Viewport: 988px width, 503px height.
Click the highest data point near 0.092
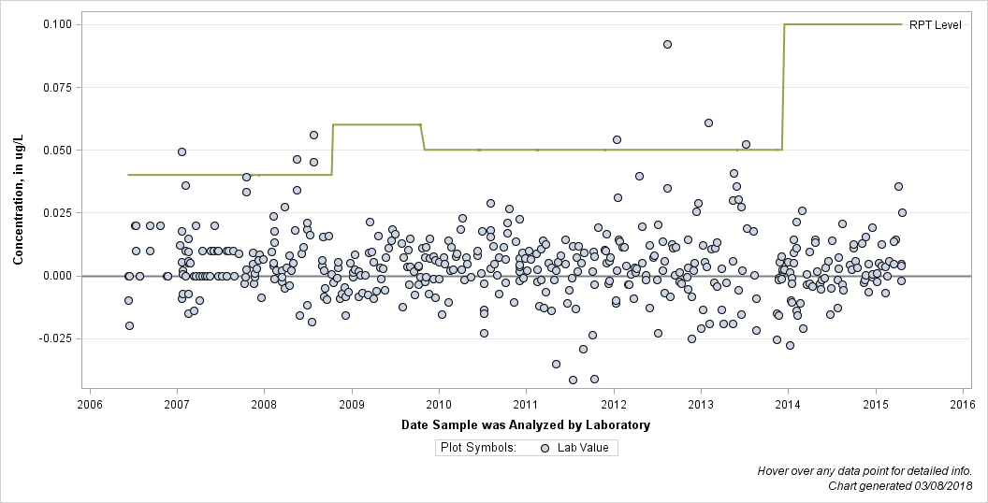point(667,44)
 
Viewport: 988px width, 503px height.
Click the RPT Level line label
point(935,25)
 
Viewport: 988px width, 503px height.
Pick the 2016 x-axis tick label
point(963,403)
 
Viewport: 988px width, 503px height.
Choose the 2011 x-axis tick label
point(526,403)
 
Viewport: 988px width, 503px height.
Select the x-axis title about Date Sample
point(526,425)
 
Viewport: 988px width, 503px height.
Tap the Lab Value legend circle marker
point(545,448)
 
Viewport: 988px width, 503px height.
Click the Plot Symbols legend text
point(478,448)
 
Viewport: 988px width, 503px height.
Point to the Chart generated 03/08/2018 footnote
point(900,486)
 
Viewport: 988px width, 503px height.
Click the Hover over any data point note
point(864,471)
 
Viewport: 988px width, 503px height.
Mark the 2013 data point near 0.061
point(708,122)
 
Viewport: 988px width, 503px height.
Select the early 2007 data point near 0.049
point(182,151)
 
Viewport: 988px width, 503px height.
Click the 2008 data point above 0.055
point(313,135)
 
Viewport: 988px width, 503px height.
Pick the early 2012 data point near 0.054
point(617,139)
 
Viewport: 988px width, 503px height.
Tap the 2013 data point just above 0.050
point(746,144)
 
